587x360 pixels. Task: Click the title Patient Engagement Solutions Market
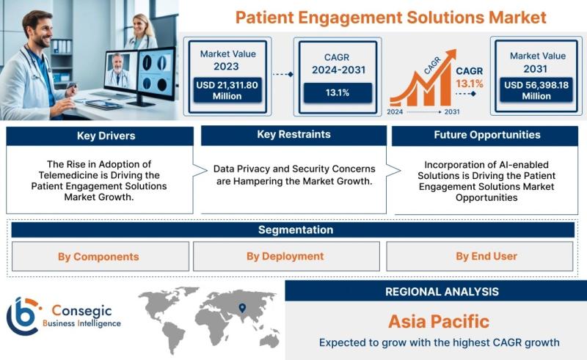pyautogui.click(x=391, y=18)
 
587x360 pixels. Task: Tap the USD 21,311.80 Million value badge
pyautogui.click(x=227, y=90)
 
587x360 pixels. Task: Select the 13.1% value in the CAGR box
pyautogui.click(x=338, y=93)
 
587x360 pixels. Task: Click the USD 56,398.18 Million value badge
pyautogui.click(x=536, y=90)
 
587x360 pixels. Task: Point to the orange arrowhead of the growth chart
pyautogui.click(x=451, y=55)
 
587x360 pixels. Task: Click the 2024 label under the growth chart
pyautogui.click(x=395, y=112)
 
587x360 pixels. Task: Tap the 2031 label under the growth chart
pyautogui.click(x=452, y=112)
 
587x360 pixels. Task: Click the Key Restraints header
pyautogui.click(x=294, y=135)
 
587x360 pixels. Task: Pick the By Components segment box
pyautogui.click(x=101, y=257)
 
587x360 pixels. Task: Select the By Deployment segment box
pyautogui.click(x=286, y=257)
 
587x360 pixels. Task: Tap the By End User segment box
pyautogui.click(x=480, y=257)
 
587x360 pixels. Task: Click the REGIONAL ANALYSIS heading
pyautogui.click(x=442, y=292)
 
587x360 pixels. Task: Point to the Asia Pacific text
pyautogui.click(x=439, y=321)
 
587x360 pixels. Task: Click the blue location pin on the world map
pyautogui.click(x=242, y=308)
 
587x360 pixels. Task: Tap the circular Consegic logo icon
pyautogui.click(x=23, y=316)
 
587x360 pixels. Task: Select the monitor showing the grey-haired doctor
pyautogui.click(x=121, y=73)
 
